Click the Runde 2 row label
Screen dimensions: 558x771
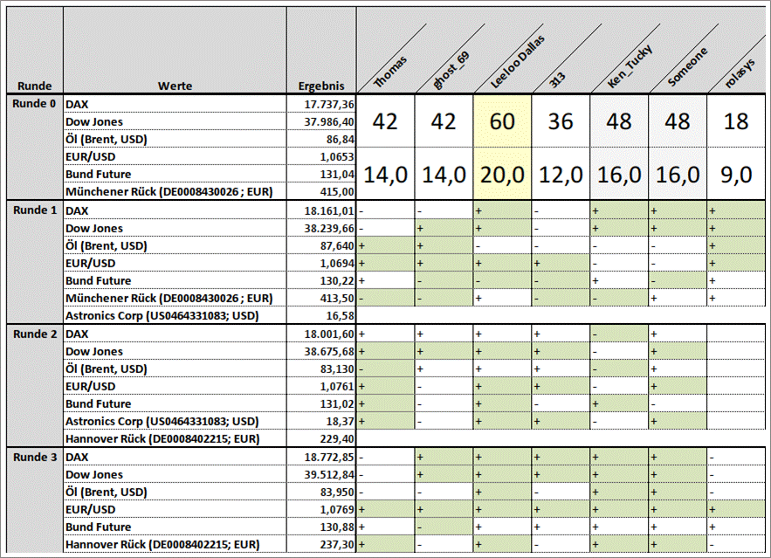(34, 334)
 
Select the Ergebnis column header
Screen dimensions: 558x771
(320, 86)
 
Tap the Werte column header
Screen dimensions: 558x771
(175, 86)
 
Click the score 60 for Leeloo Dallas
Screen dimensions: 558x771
(502, 121)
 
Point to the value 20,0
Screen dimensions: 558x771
(502, 175)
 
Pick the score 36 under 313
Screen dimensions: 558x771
(561, 121)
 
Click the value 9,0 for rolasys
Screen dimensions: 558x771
(736, 175)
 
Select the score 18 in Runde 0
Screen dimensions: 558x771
(736, 121)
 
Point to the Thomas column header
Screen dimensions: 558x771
(390, 72)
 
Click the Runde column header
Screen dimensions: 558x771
(34, 86)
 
